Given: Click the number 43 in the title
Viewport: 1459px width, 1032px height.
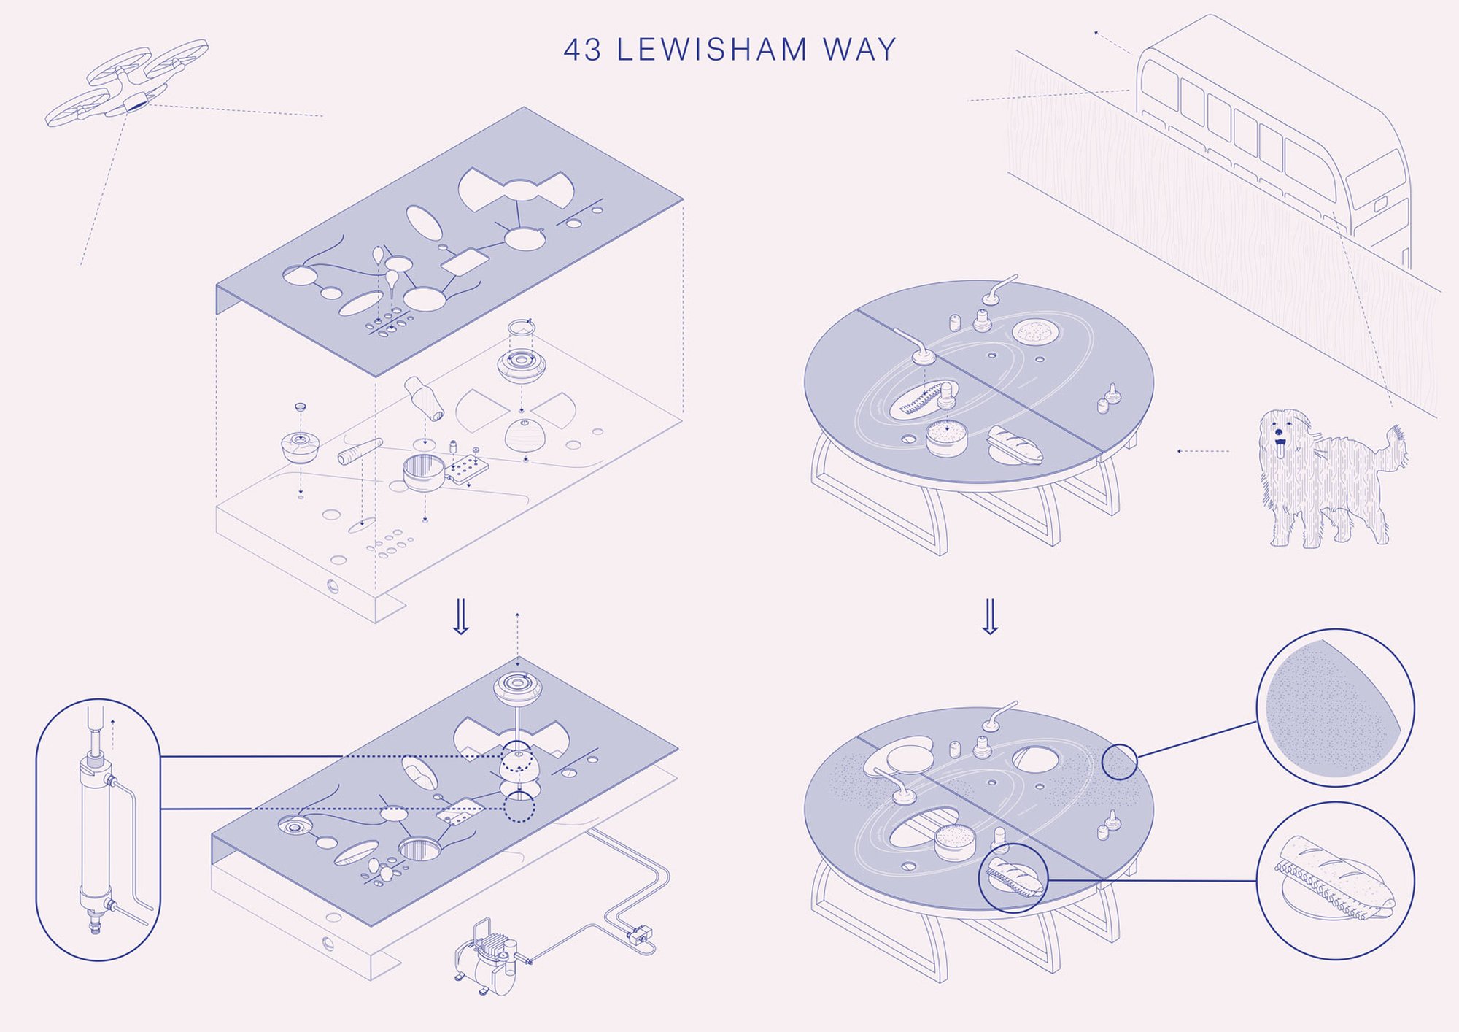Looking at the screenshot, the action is click(x=582, y=50).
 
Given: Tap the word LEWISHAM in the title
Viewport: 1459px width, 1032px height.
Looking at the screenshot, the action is click(x=712, y=50).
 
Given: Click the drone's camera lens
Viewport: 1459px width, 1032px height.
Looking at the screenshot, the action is click(x=136, y=104).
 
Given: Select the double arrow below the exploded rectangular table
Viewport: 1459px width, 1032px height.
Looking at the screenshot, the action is click(x=460, y=617).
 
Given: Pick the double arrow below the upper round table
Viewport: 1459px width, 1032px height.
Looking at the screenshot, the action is click(x=989, y=617).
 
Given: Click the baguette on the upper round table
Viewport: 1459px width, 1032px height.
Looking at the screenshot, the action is click(x=1015, y=446).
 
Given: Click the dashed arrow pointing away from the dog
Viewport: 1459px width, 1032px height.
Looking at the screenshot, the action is click(x=1203, y=451).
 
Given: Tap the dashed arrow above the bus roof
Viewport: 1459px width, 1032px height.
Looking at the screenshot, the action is click(x=1111, y=42).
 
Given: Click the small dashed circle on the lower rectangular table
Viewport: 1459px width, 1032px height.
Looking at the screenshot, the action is click(x=519, y=807).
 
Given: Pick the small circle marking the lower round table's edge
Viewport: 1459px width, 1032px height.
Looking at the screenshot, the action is click(x=1119, y=762).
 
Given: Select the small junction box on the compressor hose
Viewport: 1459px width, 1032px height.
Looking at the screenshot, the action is click(x=640, y=933).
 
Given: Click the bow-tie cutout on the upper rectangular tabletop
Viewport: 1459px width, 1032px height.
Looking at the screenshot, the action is click(x=516, y=190).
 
